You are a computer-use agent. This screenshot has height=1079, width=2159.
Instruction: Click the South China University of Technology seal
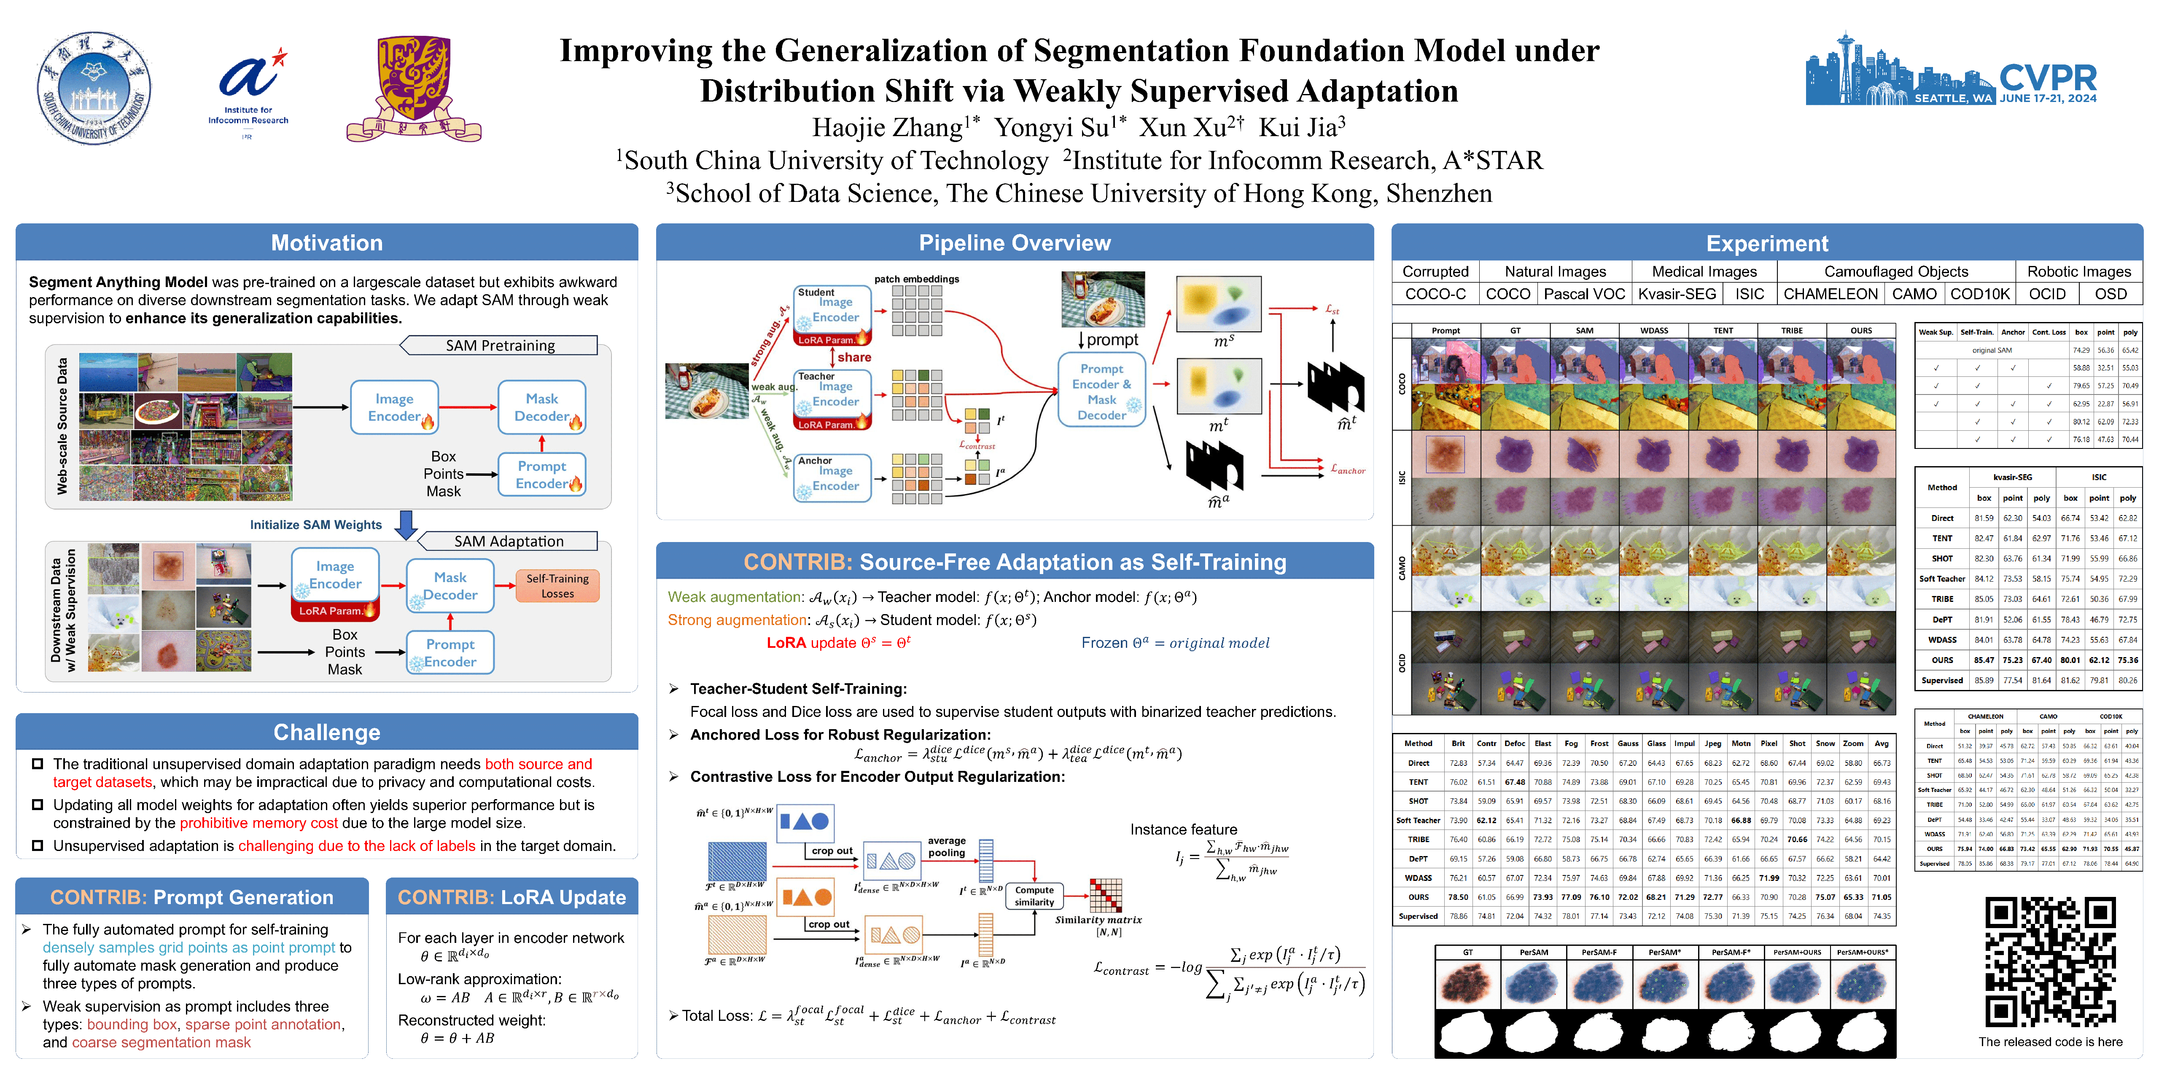pos(94,89)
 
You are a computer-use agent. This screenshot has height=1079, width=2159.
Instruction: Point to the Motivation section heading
pos(327,243)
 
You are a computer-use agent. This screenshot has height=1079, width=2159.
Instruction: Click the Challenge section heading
pos(327,732)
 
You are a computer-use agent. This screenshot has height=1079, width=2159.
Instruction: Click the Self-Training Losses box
pos(557,585)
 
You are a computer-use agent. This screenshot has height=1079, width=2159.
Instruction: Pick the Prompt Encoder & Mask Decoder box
pos(1101,391)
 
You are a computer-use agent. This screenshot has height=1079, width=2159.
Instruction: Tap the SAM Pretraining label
pos(501,345)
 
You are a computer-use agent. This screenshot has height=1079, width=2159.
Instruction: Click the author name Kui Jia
pos(1302,127)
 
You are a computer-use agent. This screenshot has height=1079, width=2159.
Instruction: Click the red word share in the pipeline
pos(854,357)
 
